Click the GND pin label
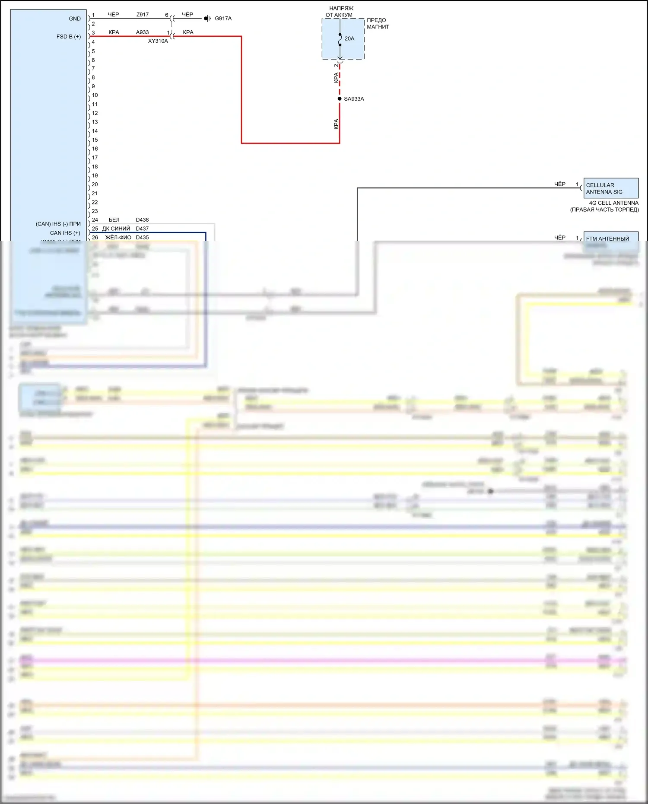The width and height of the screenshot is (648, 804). click(x=74, y=19)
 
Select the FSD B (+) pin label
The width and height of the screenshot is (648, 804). click(x=68, y=37)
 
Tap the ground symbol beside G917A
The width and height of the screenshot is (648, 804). click(x=207, y=19)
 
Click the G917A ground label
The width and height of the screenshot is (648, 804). click(x=223, y=19)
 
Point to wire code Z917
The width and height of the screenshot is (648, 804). click(x=143, y=15)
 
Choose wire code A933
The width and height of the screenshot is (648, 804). click(x=142, y=32)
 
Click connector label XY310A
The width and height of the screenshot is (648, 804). click(x=158, y=41)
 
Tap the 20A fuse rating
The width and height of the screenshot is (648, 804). click(x=349, y=39)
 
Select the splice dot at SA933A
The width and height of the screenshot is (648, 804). click(x=340, y=99)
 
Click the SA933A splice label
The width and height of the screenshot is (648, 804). click(x=354, y=99)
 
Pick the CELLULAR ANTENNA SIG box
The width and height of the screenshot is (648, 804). click(x=610, y=188)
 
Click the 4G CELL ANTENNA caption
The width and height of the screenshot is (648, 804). click(x=613, y=203)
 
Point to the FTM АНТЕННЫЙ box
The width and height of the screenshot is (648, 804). click(x=610, y=238)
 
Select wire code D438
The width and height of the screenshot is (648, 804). click(x=142, y=220)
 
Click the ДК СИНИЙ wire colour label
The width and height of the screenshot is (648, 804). click(x=116, y=229)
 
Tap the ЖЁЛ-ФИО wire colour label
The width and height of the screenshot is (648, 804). click(x=118, y=238)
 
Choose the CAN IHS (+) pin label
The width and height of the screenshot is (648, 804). click(x=65, y=233)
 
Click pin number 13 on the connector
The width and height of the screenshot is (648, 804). click(x=95, y=122)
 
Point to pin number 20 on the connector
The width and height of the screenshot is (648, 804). click(x=95, y=184)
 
